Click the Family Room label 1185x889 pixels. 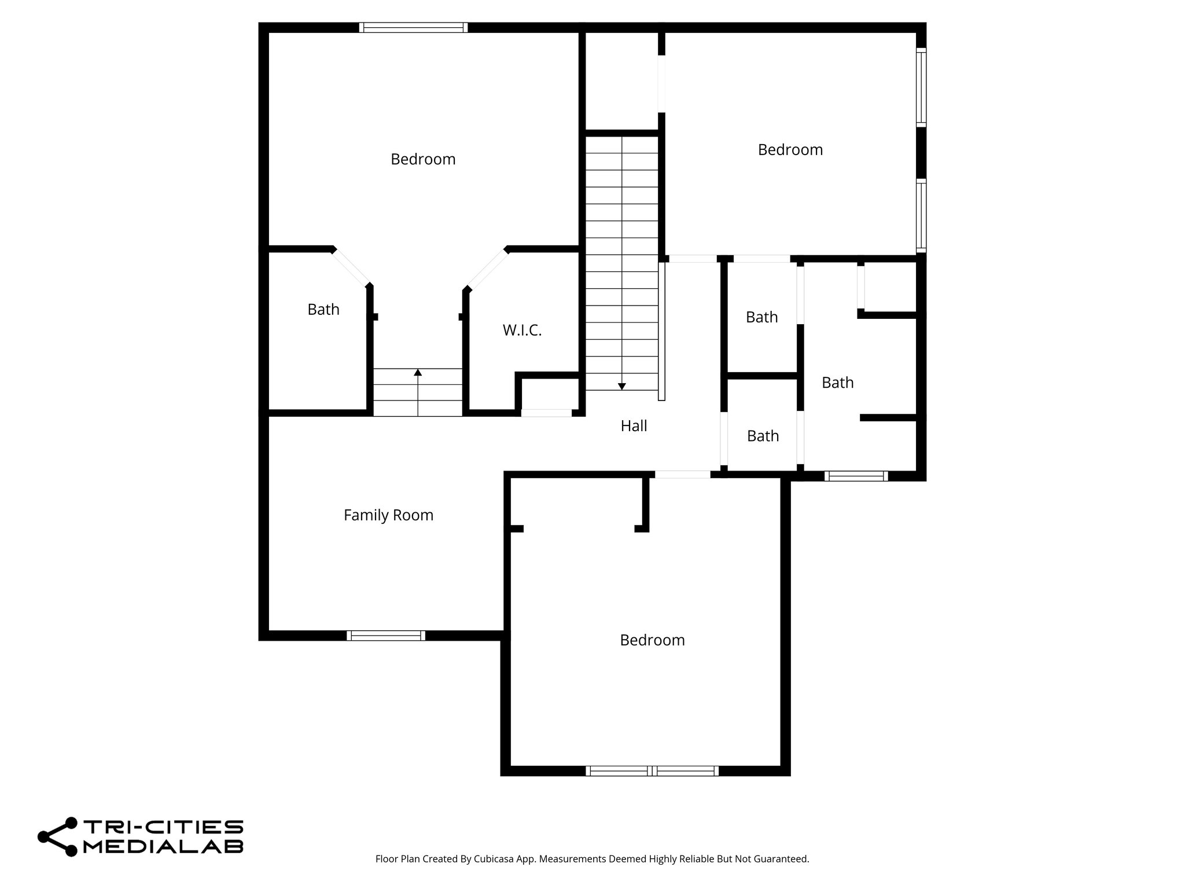click(388, 515)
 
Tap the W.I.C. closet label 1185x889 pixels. click(522, 330)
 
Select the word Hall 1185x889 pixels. click(634, 426)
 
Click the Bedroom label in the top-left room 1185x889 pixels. click(423, 159)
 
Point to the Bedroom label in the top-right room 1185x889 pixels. click(790, 150)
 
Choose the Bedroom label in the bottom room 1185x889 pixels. click(652, 640)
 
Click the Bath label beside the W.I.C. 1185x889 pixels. click(323, 310)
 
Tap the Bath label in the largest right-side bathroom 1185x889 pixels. click(837, 383)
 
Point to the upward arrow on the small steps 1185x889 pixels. click(418, 372)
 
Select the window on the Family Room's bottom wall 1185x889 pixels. click(386, 635)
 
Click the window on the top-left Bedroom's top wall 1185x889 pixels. click(413, 27)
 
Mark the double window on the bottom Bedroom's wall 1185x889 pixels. click(652, 771)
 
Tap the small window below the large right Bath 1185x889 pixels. click(856, 476)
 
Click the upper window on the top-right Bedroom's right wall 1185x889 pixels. click(921, 87)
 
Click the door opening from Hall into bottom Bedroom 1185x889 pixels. click(682, 475)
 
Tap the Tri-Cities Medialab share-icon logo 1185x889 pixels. click(58, 836)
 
